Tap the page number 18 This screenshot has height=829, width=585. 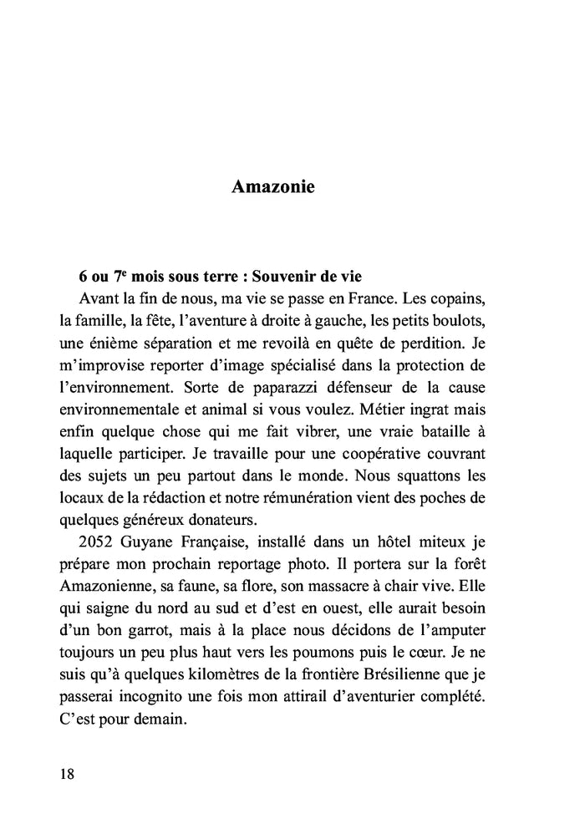click(68, 773)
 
